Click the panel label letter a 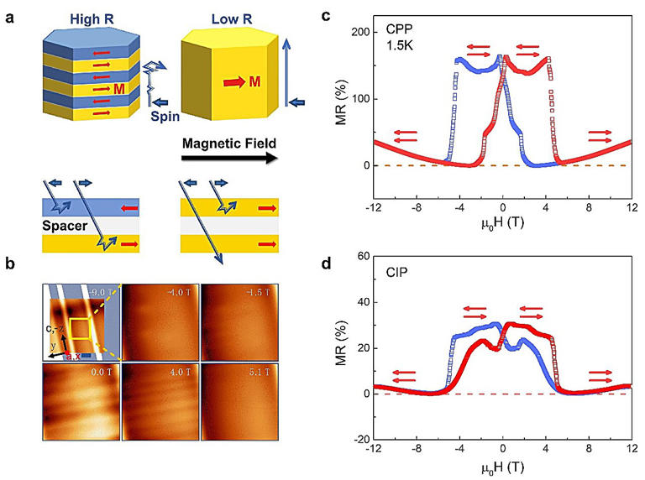9,11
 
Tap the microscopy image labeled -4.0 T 160,322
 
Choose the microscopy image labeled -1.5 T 240,322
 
